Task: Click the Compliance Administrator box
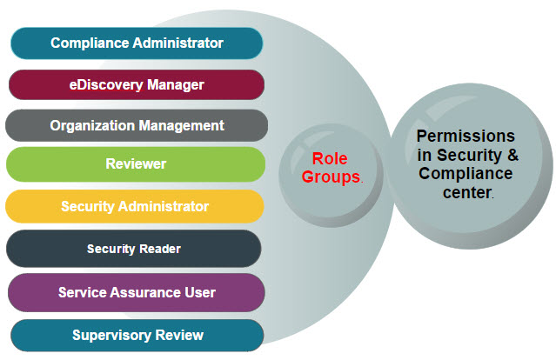tap(137, 43)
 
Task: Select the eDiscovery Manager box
tap(137, 84)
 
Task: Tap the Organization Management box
tap(137, 125)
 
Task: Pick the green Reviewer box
tap(136, 163)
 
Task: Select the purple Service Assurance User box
tap(137, 291)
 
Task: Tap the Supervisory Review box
tap(137, 335)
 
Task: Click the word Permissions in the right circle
tap(466, 137)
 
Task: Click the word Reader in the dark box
tap(160, 249)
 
